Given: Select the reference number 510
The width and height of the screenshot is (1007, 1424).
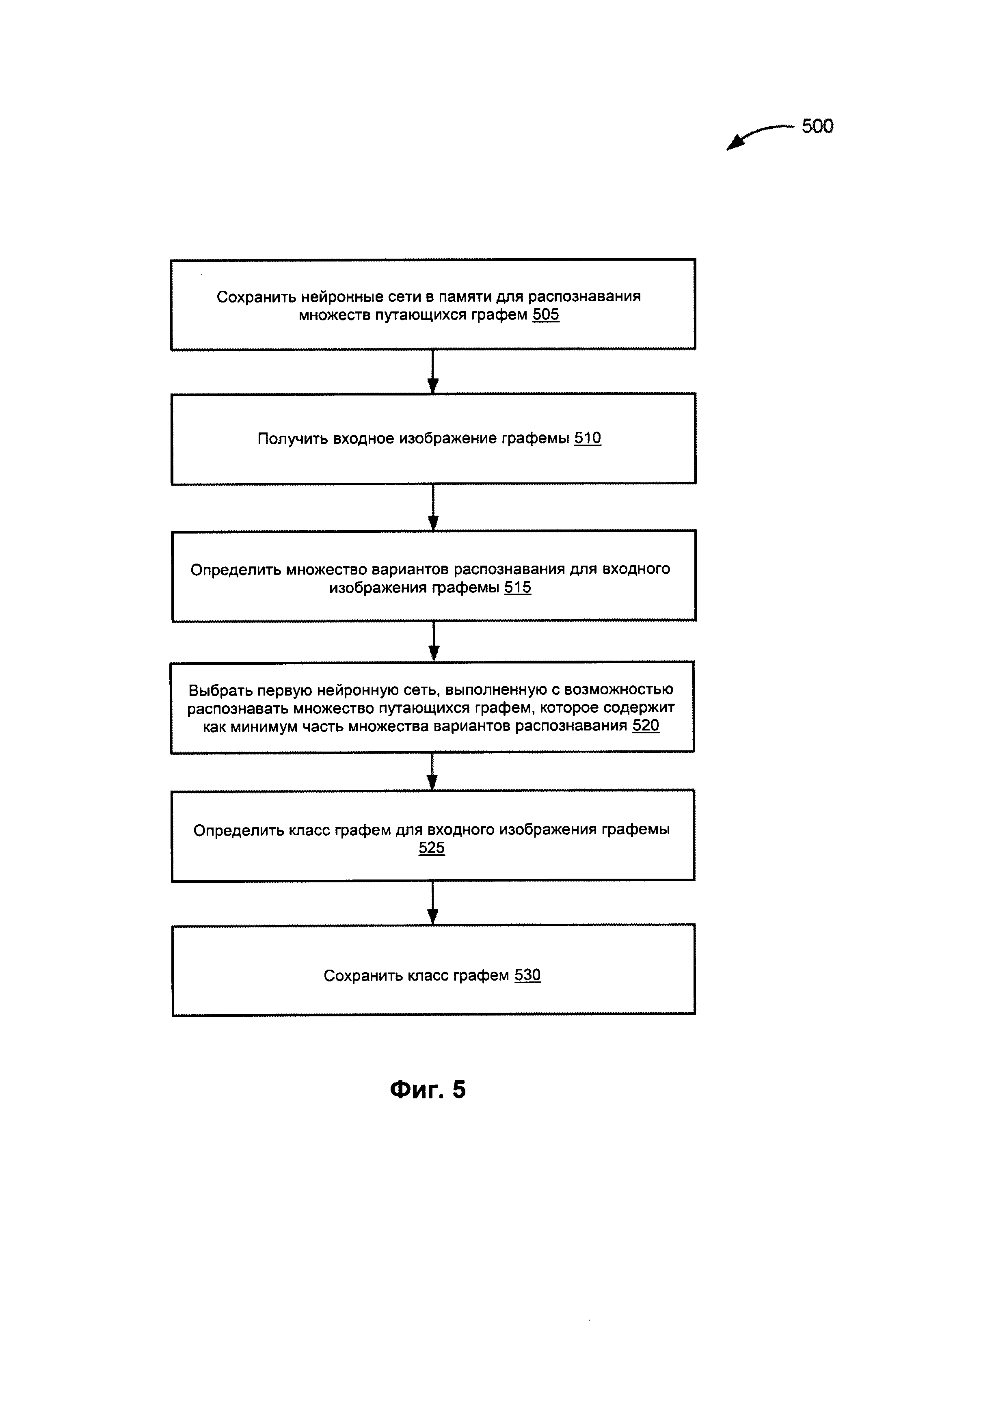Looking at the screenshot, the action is click(587, 439).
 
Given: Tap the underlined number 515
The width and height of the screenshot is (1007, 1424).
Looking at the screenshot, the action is click(517, 587).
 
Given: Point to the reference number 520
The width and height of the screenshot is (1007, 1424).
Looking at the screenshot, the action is click(646, 726).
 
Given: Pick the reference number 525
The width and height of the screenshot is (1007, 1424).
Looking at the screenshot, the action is click(432, 848).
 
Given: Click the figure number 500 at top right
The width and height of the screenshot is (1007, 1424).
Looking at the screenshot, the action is click(817, 126).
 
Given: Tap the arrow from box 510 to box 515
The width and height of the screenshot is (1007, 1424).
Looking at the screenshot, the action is click(433, 507).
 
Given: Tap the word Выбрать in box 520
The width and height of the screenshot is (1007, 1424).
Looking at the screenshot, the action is click(220, 690).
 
